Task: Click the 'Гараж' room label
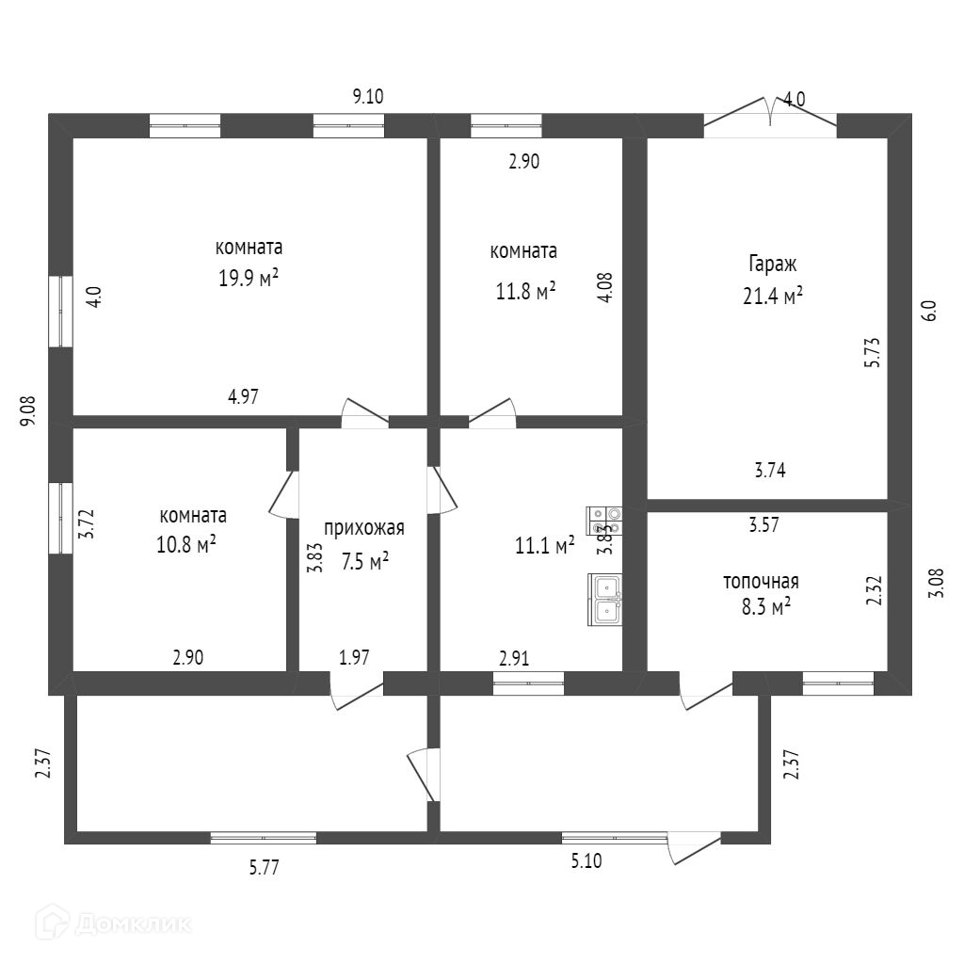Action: point(772,264)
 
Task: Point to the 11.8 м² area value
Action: point(525,291)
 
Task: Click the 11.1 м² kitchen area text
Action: point(546,545)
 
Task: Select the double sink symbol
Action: point(606,599)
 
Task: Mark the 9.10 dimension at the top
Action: point(368,95)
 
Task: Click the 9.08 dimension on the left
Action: point(28,412)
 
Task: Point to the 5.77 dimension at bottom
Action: point(264,868)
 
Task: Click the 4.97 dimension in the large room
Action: point(243,397)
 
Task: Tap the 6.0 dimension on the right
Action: point(928,312)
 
